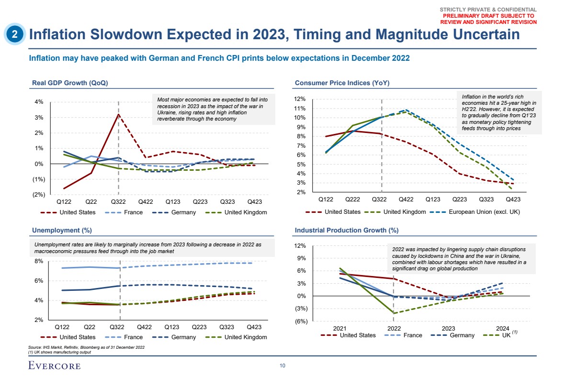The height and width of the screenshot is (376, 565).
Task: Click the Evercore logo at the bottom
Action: [x=54, y=366]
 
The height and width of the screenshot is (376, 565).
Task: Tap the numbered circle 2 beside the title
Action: [x=15, y=34]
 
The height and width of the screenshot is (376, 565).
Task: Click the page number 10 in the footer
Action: [x=282, y=366]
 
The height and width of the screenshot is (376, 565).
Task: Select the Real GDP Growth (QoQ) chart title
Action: [x=70, y=83]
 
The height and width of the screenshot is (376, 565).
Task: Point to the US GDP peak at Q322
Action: [x=118, y=114]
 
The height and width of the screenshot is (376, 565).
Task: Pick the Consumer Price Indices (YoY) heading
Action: [x=342, y=83]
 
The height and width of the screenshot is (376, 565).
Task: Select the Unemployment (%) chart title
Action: [x=62, y=230]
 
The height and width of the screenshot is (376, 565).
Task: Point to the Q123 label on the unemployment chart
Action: [x=172, y=327]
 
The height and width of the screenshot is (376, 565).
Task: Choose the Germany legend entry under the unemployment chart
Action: [x=183, y=337]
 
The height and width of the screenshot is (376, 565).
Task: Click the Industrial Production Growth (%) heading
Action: [x=347, y=230]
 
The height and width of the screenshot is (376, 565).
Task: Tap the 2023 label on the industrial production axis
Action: [x=448, y=329]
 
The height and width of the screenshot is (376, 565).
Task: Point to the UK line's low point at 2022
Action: [x=394, y=313]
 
